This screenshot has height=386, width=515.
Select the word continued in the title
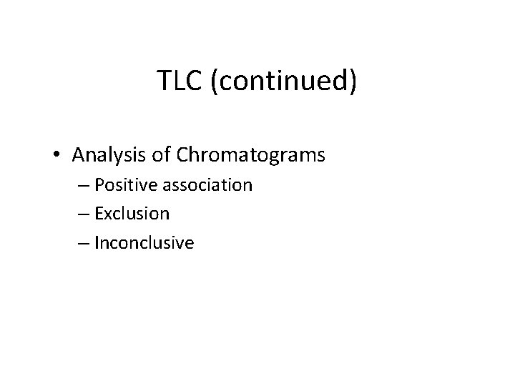(280, 82)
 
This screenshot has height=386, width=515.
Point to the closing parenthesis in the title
(351, 83)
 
